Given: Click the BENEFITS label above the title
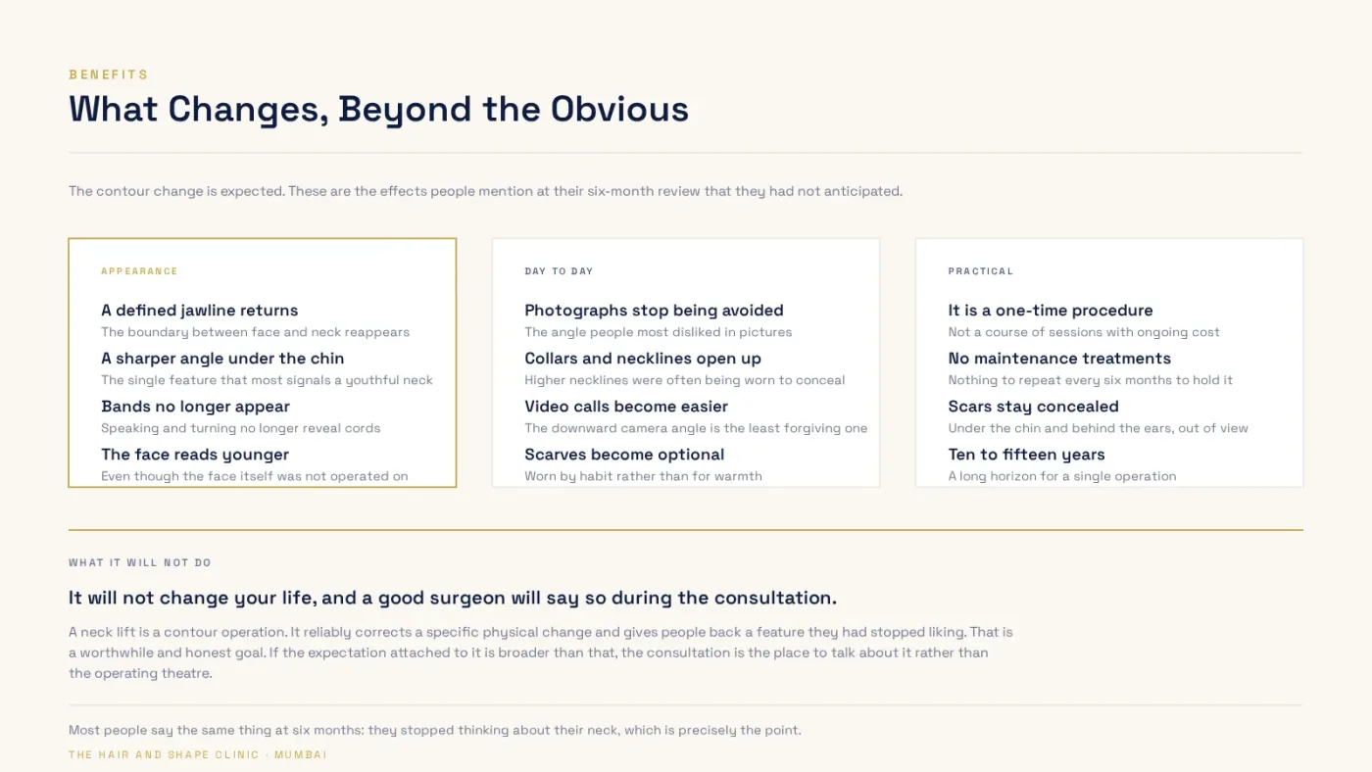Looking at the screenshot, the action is (109, 74).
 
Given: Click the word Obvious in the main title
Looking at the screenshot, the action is (619, 109).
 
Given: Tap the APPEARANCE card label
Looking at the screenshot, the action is (139, 271).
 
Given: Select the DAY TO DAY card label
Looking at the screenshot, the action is (559, 271).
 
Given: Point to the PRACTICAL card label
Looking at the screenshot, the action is (981, 271).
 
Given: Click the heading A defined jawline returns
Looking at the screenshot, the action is (200, 311).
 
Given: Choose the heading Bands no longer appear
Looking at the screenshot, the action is (195, 407).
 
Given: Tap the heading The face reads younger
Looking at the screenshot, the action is (195, 455).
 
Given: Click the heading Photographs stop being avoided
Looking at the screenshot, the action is (654, 311).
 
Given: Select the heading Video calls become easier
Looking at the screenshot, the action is (626, 407).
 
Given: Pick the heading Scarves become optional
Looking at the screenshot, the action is (624, 455).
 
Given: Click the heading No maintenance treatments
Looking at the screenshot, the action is (1059, 359).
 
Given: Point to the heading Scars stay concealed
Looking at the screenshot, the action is (1033, 407).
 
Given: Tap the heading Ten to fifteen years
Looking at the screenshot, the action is (1027, 455).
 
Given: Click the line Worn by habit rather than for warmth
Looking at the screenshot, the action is (643, 476).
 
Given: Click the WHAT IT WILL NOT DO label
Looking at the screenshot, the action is (139, 562).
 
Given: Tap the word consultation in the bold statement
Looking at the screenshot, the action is (775, 598).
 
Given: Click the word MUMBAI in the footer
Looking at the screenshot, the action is (301, 755).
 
